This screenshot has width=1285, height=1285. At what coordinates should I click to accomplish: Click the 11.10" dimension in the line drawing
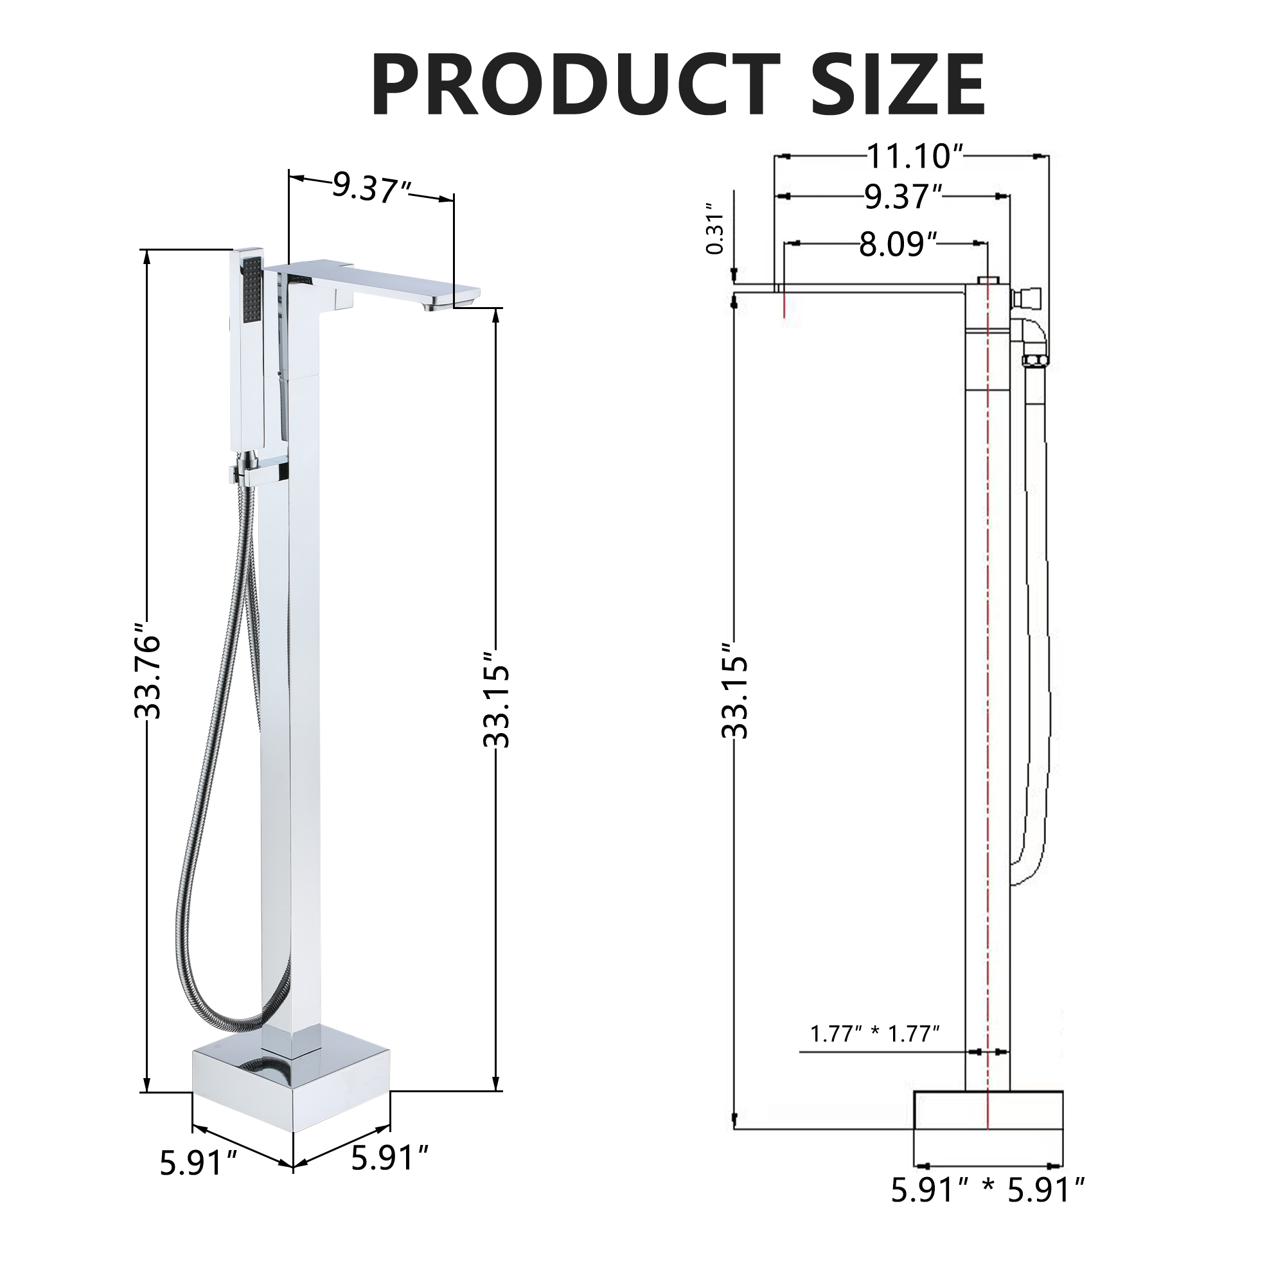(x=914, y=157)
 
